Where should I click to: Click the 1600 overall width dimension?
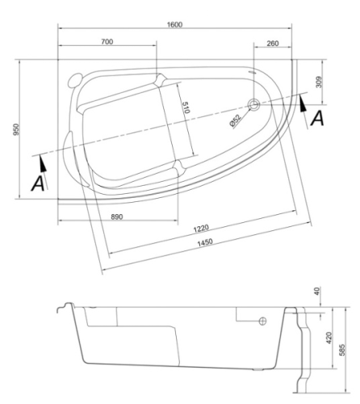(174, 25)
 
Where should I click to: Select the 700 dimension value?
(107, 42)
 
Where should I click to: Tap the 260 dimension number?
(273, 44)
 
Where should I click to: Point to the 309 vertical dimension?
(319, 82)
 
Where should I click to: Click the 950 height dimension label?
(16, 129)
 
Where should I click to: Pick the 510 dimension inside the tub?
(186, 107)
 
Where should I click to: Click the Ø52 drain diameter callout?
(236, 121)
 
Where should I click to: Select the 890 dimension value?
(117, 217)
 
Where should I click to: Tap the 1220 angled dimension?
(201, 228)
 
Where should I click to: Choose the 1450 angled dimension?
(205, 242)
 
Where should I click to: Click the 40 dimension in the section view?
(317, 291)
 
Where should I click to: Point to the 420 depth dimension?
(329, 338)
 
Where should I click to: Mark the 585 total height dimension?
(341, 350)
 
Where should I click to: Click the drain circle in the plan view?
(253, 104)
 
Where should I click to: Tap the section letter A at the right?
(317, 118)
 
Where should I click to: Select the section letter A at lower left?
(38, 183)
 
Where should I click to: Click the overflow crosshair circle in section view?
(262, 321)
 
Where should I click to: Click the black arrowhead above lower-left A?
(42, 162)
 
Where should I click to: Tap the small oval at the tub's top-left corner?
(74, 80)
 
